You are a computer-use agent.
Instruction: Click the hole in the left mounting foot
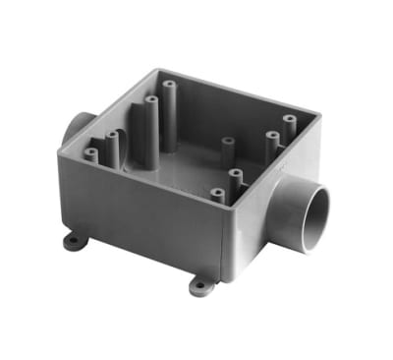pos(72,241)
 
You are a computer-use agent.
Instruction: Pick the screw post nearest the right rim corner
pos(290,124)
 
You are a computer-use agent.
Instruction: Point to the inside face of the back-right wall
pos(255,103)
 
